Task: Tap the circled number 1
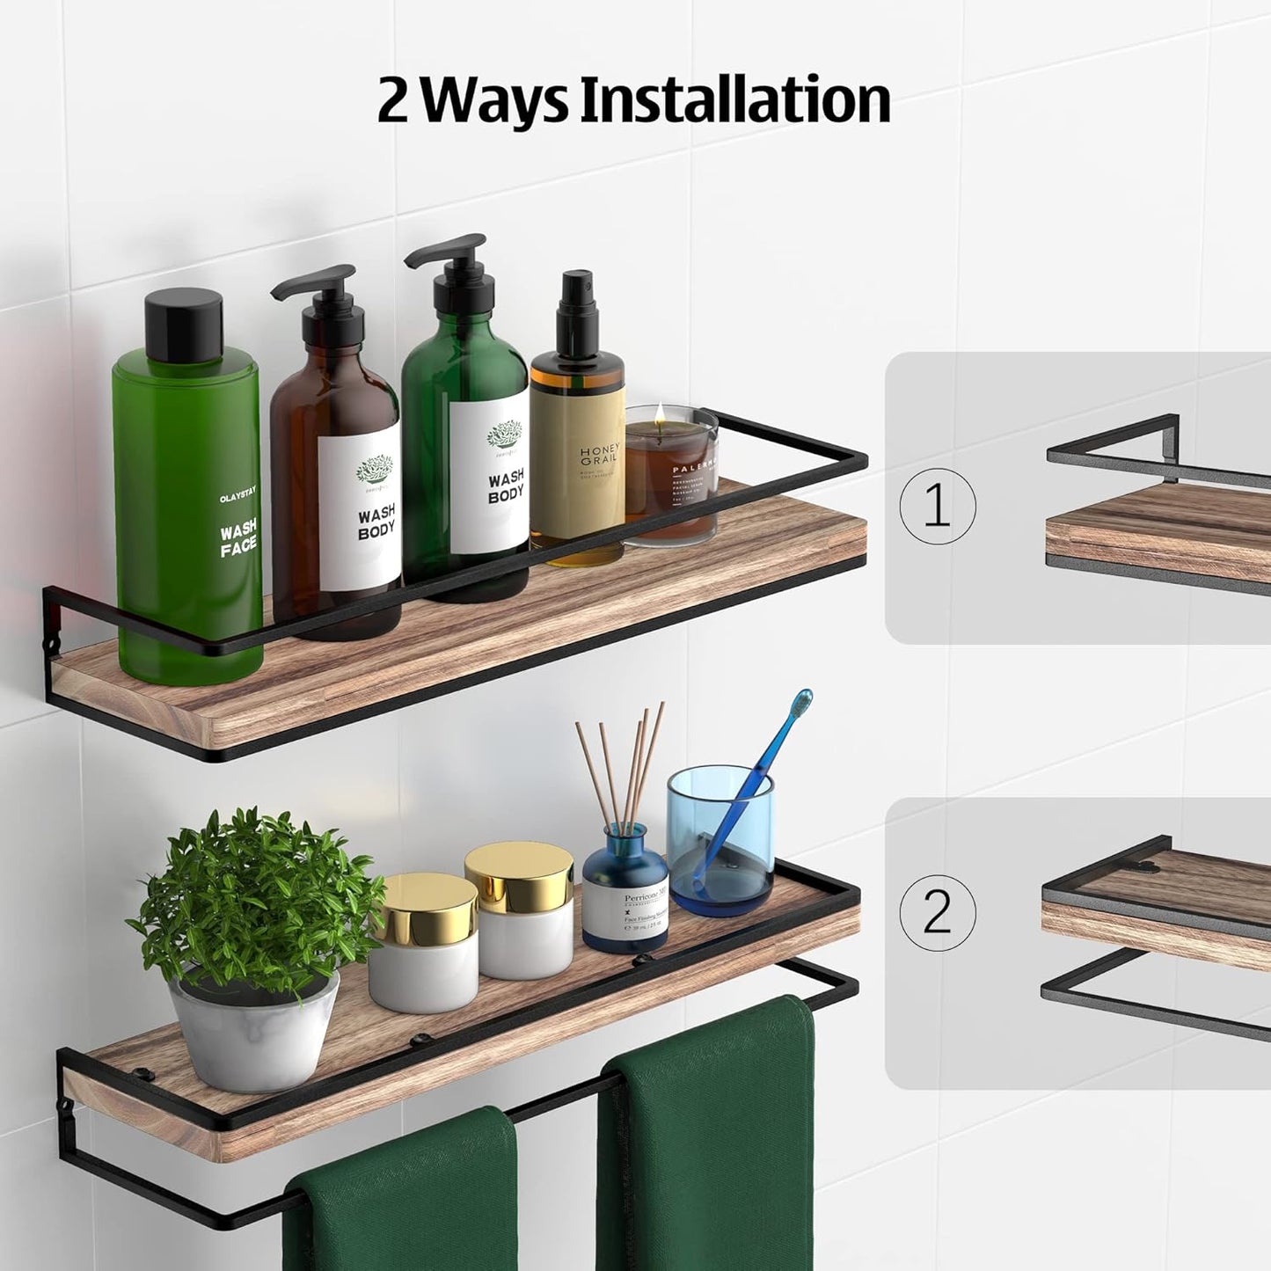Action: coord(938,506)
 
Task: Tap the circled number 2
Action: coord(938,911)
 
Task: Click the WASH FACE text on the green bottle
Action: coord(238,537)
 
